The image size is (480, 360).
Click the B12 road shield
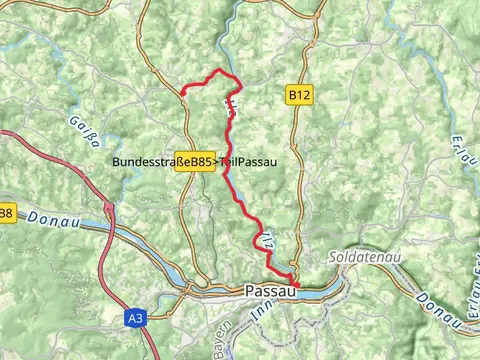coord(298,95)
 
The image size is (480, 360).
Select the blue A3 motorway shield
coord(136,318)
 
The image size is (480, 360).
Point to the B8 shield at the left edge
coord(6,213)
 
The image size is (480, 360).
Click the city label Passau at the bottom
coord(270,292)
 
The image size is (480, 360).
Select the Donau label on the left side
coord(48,218)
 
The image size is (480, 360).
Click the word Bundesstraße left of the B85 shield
coord(149,161)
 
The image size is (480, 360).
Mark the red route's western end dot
coord(183,93)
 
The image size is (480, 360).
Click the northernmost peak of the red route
coord(220,70)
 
